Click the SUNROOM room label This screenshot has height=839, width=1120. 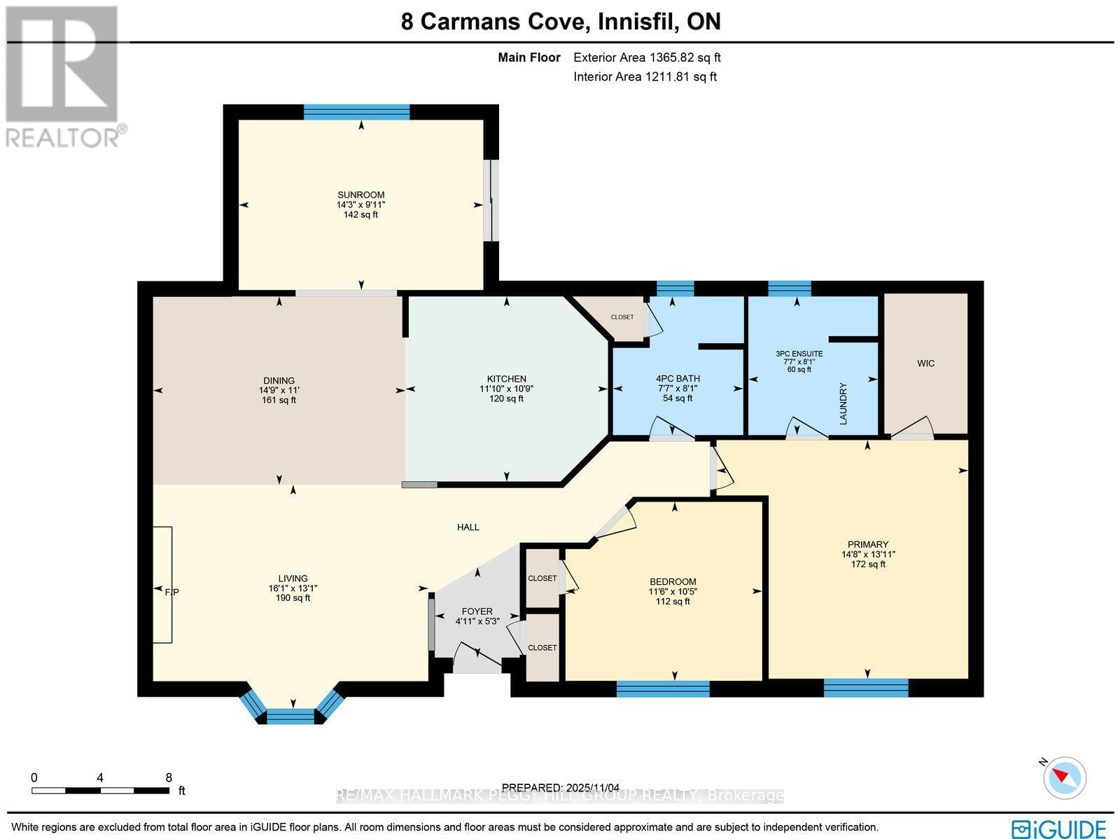click(360, 195)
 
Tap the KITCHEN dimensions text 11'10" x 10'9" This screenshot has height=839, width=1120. click(506, 389)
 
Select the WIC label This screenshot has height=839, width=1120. click(925, 363)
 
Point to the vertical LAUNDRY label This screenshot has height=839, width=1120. click(843, 403)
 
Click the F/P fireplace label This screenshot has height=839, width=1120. click(171, 592)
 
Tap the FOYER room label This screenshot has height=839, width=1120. click(477, 611)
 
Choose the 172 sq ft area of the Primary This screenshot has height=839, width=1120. click(867, 564)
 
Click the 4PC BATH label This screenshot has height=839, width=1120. click(678, 379)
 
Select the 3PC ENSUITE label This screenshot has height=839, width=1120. click(799, 354)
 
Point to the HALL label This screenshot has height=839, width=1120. click(468, 527)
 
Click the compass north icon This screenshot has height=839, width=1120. click(1065, 777)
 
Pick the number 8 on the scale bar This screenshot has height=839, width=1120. click(169, 777)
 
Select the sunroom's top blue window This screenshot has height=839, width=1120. click(356, 112)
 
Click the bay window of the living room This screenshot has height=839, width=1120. click(292, 714)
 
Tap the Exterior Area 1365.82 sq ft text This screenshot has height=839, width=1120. click(647, 58)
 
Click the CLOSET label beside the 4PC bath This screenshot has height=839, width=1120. click(622, 317)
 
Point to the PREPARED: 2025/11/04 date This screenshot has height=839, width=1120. click(566, 788)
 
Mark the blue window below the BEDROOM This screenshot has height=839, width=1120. click(662, 688)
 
